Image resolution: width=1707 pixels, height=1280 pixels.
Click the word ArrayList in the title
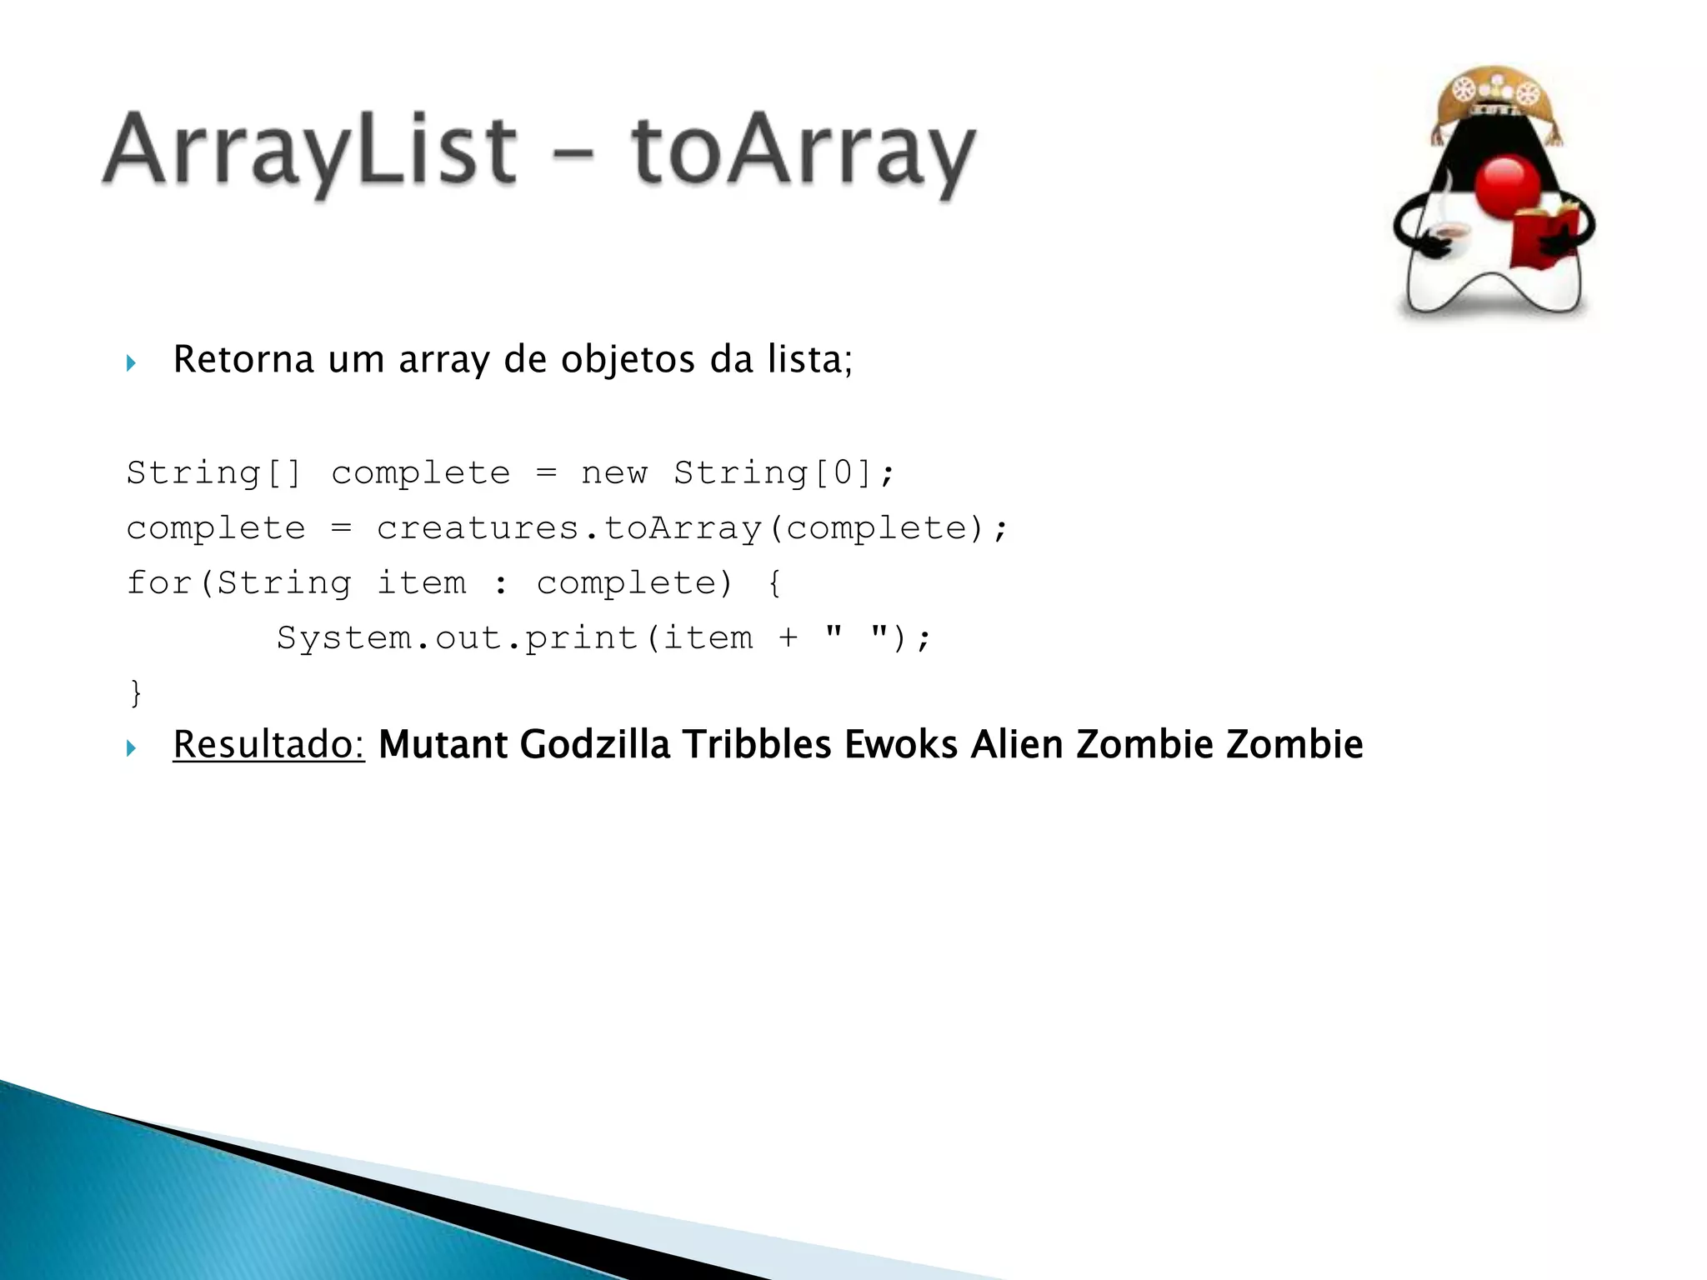click(310, 152)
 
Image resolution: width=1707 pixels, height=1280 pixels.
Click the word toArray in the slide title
click(803, 152)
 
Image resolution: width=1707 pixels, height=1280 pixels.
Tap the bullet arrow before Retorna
click(131, 362)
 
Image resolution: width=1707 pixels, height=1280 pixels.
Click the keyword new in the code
click(613, 473)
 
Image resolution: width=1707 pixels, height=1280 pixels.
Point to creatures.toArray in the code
click(569, 528)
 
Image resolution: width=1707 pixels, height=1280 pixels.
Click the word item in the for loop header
click(422, 583)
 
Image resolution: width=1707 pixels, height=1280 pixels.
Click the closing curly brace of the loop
click(136, 693)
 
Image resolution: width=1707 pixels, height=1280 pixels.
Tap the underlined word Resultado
click(268, 744)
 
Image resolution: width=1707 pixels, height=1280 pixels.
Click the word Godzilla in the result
click(595, 744)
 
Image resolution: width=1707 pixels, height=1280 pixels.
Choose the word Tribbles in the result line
click(757, 744)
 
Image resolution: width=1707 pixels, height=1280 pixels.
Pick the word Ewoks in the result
click(901, 744)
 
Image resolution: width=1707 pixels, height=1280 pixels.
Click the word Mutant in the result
click(443, 744)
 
